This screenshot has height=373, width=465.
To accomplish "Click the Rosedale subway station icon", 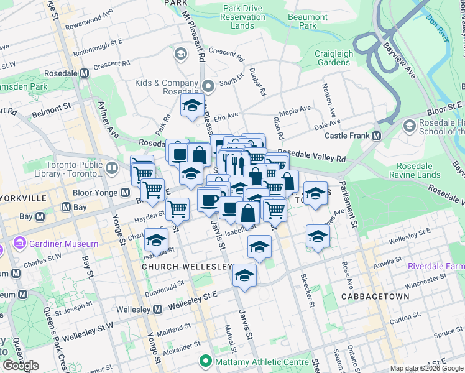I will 85,73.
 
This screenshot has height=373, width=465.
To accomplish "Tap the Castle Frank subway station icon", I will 377,136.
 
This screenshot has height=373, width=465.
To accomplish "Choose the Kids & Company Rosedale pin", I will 208,86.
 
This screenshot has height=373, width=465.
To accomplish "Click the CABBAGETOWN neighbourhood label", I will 375,297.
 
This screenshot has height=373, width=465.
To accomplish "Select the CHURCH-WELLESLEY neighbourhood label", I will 187,267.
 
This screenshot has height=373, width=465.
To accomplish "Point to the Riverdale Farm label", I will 436,266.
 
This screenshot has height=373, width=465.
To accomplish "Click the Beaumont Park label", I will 308,22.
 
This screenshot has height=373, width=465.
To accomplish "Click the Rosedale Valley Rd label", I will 311,155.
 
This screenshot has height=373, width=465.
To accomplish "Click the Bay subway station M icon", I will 40,216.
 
